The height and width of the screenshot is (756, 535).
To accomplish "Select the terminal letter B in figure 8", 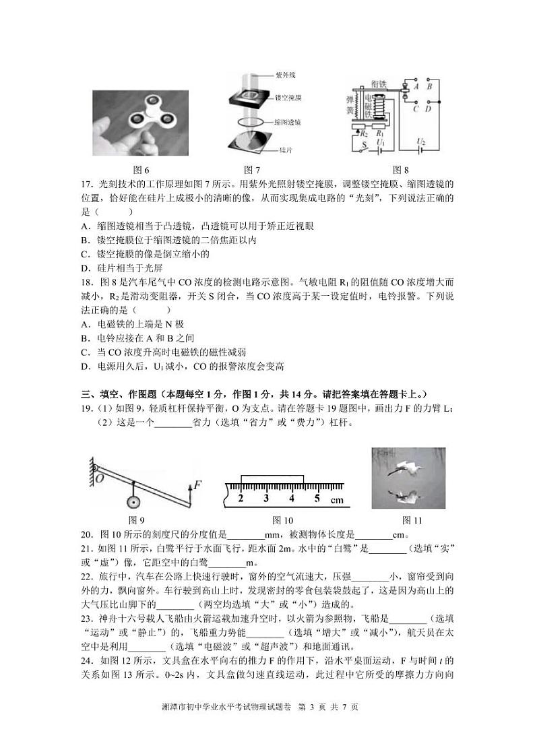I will (429, 86).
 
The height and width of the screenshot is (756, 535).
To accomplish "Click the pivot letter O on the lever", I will (99, 478).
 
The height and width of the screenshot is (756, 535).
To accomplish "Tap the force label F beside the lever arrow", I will (198, 484).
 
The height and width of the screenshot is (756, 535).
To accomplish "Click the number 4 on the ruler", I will (291, 499).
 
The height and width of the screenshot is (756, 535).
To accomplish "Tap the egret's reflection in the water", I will (407, 496).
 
